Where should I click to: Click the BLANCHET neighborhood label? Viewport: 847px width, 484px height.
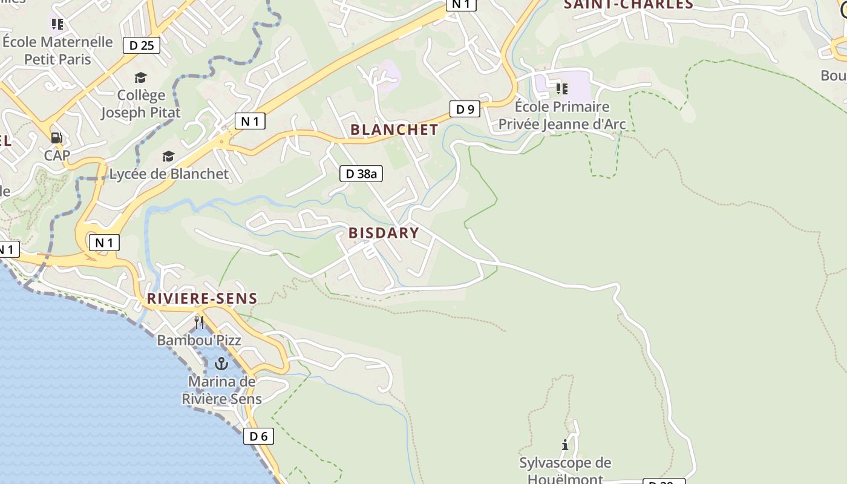click(394, 129)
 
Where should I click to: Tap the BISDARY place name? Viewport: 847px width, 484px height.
click(384, 233)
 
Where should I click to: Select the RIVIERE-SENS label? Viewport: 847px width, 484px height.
click(202, 298)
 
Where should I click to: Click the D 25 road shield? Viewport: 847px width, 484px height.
click(142, 45)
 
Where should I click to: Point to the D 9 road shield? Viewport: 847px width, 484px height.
click(465, 109)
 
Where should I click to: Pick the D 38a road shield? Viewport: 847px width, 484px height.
click(361, 174)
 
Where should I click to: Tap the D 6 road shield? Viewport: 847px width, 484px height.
click(258, 436)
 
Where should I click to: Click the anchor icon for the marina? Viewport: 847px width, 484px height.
click(221, 364)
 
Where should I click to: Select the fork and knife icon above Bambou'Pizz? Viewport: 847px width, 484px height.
click(199, 322)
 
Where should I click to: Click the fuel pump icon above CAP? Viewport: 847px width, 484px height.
click(57, 138)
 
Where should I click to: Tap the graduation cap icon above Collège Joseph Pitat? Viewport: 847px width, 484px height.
click(140, 77)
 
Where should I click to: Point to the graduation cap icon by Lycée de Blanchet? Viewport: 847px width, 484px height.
click(168, 157)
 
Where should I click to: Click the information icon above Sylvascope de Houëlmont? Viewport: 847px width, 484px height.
click(565, 445)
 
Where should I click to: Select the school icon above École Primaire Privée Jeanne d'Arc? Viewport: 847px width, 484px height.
click(562, 89)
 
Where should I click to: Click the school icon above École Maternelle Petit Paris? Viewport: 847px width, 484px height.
click(57, 24)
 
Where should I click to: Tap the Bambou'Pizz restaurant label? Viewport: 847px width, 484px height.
click(199, 340)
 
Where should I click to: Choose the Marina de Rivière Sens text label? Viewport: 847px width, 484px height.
click(222, 390)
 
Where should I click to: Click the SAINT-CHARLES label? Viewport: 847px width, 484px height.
click(628, 5)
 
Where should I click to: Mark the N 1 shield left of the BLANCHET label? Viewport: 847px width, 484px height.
click(250, 121)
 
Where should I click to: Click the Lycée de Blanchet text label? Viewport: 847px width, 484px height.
click(169, 174)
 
